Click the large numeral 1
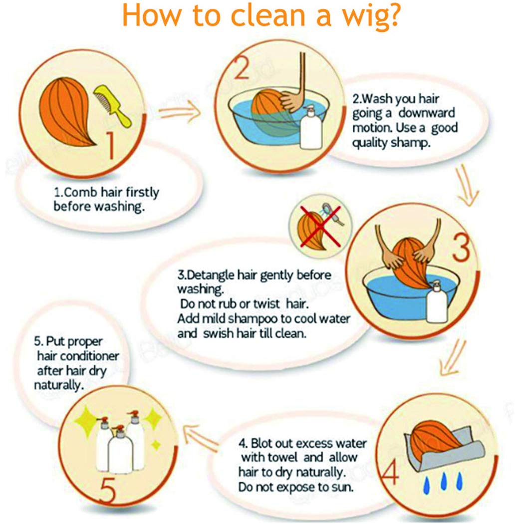coord(111,145)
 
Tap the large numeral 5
coord(108,490)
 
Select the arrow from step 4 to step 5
coord(201,438)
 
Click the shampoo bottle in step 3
coord(437,302)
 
